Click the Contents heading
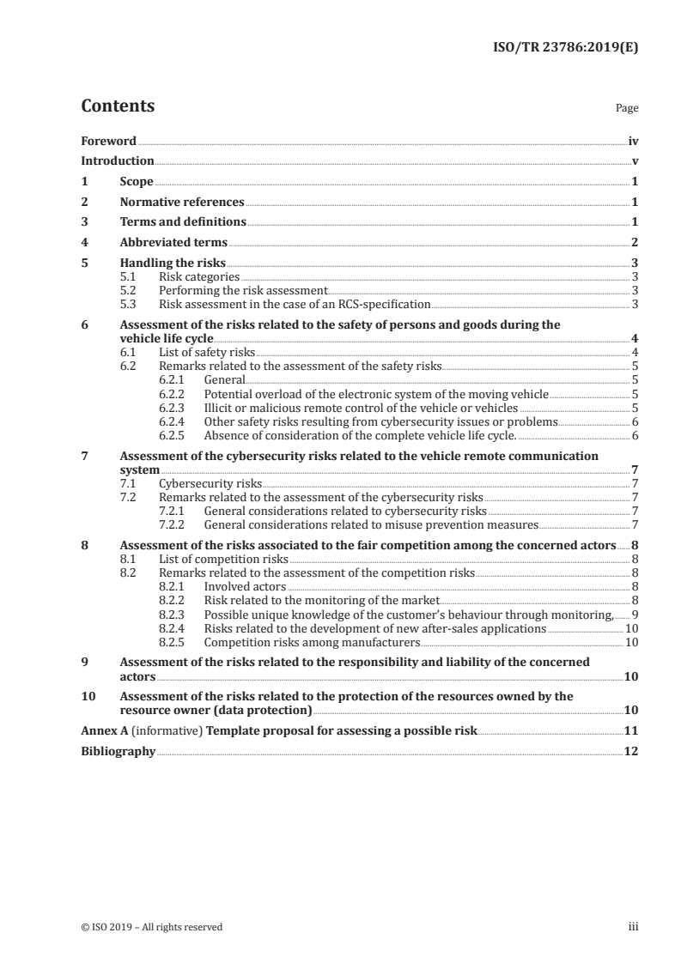point(118,106)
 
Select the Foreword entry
point(108,140)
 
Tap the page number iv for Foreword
point(633,140)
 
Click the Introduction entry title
point(118,160)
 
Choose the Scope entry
point(137,182)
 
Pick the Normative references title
point(182,203)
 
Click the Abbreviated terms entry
point(173,243)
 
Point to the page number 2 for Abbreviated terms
point(634,243)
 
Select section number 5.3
point(131,303)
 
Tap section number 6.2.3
point(174,408)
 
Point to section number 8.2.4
point(174,628)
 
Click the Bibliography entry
point(119,752)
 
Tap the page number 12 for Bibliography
point(631,752)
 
